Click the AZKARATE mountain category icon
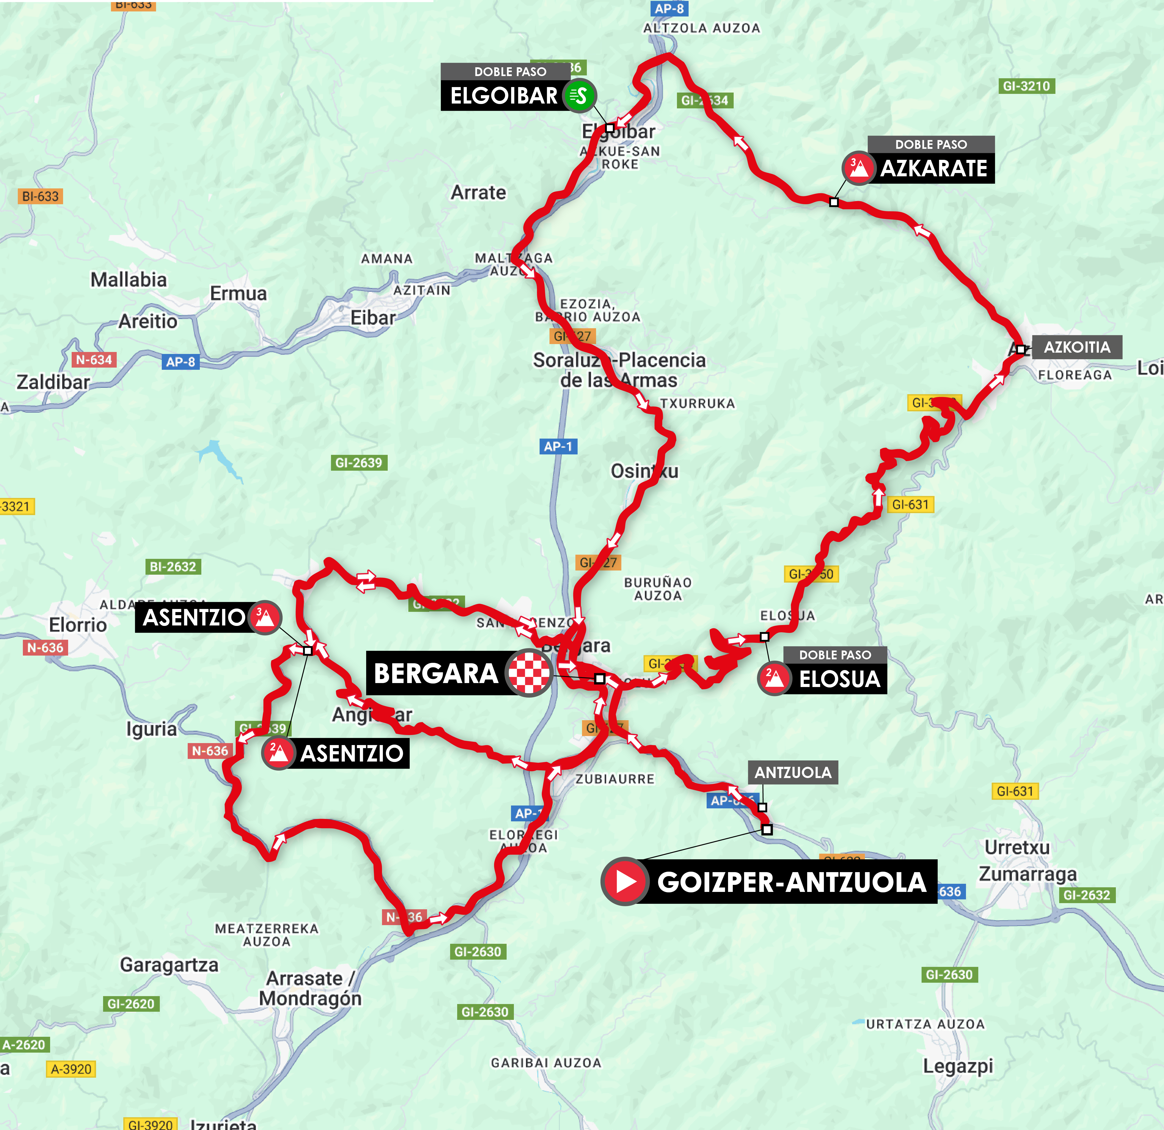[858, 168]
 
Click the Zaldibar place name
[53, 382]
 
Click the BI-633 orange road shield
[40, 196]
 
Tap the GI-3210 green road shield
[1026, 86]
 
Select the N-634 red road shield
[94, 359]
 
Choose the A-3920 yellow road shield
[71, 1069]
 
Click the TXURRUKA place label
[697, 403]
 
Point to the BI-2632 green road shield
[173, 567]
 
